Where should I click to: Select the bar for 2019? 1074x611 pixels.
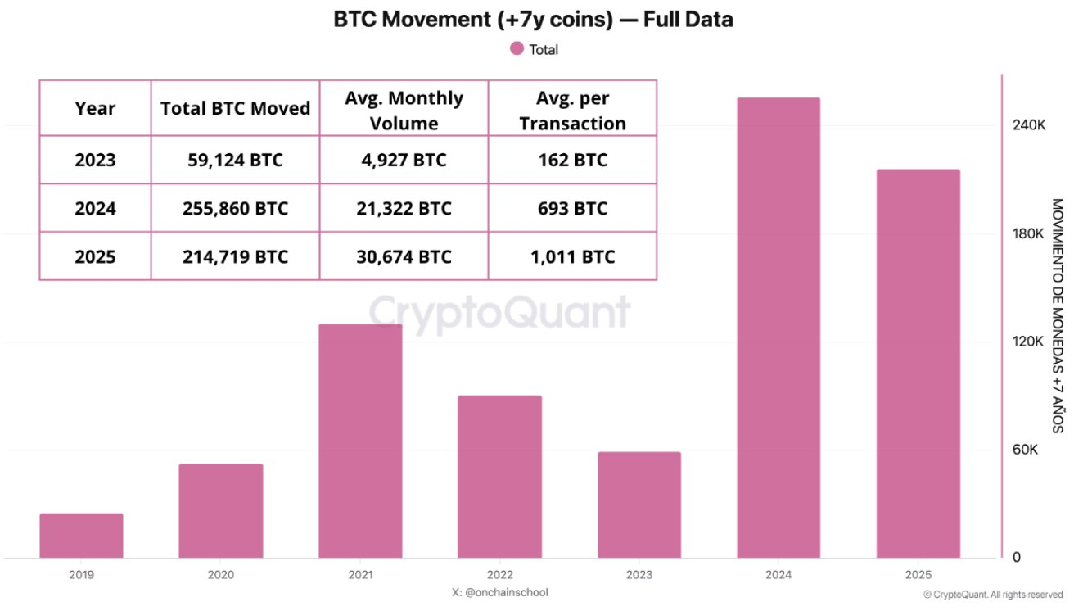pyautogui.click(x=81, y=536)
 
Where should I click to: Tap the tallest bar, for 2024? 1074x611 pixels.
pyautogui.click(x=778, y=328)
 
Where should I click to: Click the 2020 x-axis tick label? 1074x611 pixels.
pyautogui.click(x=221, y=575)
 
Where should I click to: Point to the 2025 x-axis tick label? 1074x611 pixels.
pyautogui.click(x=918, y=575)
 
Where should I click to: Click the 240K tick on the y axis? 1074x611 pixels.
pyautogui.click(x=1029, y=125)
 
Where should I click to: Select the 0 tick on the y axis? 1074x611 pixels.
pyautogui.click(x=1017, y=558)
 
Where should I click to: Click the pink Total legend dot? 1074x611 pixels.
pyautogui.click(x=517, y=49)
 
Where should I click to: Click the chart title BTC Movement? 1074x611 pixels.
pyautogui.click(x=533, y=20)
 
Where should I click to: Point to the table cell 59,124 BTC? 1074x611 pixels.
pyautogui.click(x=235, y=160)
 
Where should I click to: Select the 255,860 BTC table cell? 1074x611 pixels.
pyautogui.click(x=235, y=208)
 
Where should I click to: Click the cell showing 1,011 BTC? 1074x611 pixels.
pyautogui.click(x=572, y=256)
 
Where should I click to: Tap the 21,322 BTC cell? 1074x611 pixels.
pyautogui.click(x=404, y=208)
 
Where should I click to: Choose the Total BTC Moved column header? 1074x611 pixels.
pyautogui.click(x=235, y=108)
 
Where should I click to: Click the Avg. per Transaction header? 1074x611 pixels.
pyautogui.click(x=572, y=111)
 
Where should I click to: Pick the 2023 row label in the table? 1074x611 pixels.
pyautogui.click(x=95, y=160)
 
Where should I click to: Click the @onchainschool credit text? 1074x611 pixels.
pyautogui.click(x=499, y=592)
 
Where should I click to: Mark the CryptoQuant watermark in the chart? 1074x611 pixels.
pyautogui.click(x=499, y=312)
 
